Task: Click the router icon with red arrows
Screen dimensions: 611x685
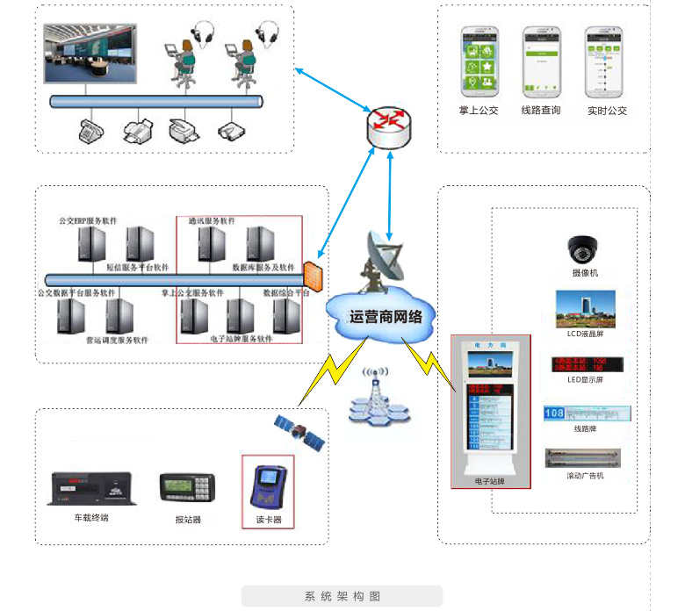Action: pos(388,126)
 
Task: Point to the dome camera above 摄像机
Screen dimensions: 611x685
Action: pos(582,248)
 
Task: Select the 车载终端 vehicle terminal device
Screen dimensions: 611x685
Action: pos(91,490)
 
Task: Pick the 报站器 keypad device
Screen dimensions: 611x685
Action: pos(188,488)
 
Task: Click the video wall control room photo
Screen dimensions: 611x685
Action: pos(90,54)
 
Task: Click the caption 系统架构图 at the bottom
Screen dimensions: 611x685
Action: pos(342,597)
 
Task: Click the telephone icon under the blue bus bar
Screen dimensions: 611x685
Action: pos(90,132)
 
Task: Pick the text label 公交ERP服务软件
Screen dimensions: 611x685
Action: pos(88,220)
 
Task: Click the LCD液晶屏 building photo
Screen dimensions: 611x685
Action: pos(585,310)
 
